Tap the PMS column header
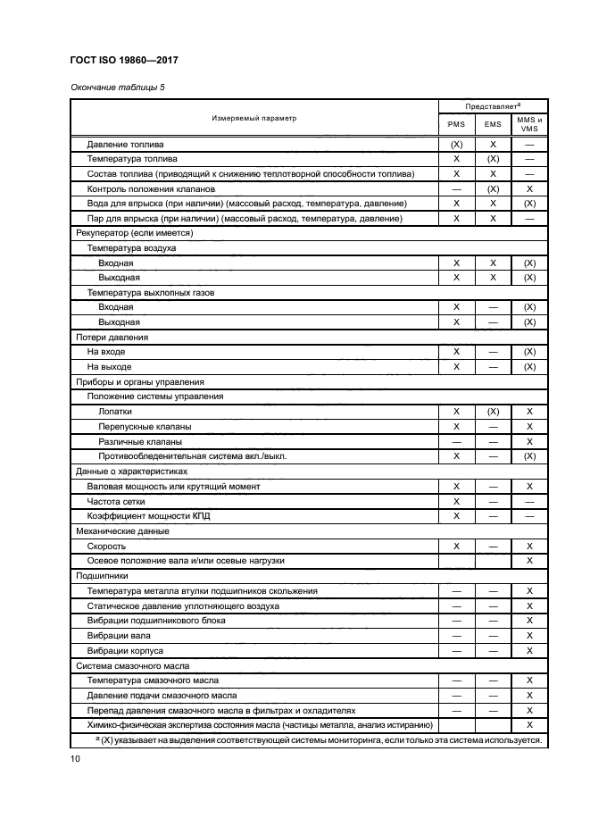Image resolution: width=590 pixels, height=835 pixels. pyautogui.click(x=456, y=125)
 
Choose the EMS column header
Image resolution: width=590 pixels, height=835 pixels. pyautogui.click(x=493, y=125)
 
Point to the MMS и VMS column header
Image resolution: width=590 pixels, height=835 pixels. pyautogui.click(x=529, y=123)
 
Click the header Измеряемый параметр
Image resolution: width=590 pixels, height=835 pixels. pyautogui.click(x=253, y=118)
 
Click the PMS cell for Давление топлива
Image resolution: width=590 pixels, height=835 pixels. pyautogui.click(x=456, y=144)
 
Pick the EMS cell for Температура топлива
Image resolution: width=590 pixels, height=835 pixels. pyautogui.click(x=493, y=159)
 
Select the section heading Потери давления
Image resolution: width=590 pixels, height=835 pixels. pyautogui.click(x=110, y=337)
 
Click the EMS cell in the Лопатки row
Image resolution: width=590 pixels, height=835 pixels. pyautogui.click(x=493, y=411)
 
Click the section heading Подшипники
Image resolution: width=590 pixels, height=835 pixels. pyautogui.click(x=101, y=576)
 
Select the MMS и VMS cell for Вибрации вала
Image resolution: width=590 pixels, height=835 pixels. pyautogui.click(x=529, y=635)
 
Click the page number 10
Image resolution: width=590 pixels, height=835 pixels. pyautogui.click(x=75, y=759)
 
